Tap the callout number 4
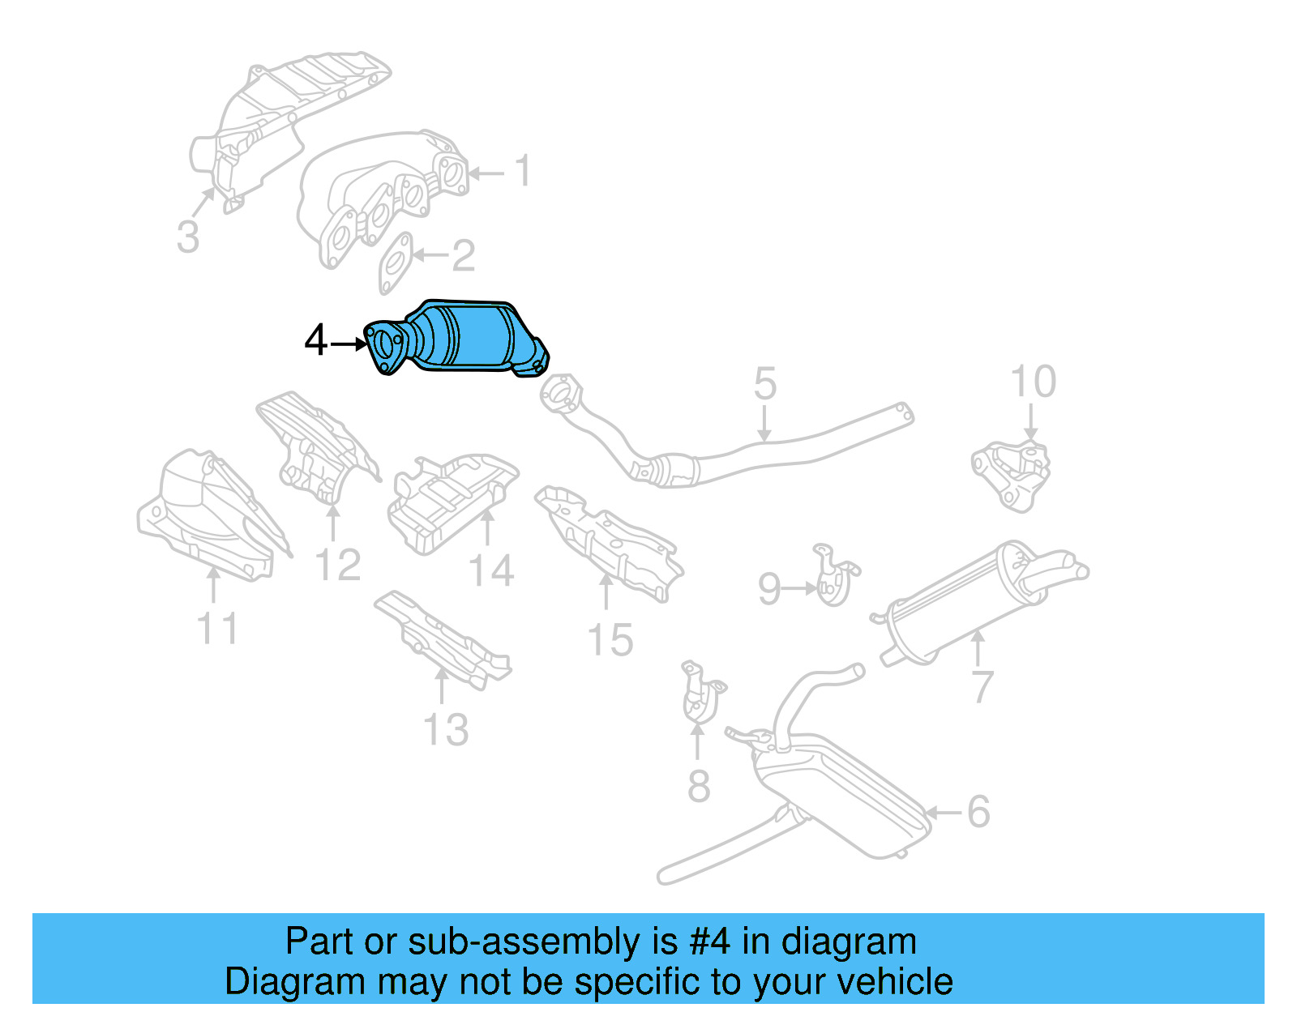click(315, 341)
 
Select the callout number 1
click(524, 171)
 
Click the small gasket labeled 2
click(396, 263)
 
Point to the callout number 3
click(188, 237)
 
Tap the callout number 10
click(1033, 382)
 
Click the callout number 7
click(982, 687)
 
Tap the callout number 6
click(978, 811)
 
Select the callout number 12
click(337, 565)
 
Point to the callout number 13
click(446, 730)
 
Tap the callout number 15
click(610, 640)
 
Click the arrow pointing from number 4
click(349, 344)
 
